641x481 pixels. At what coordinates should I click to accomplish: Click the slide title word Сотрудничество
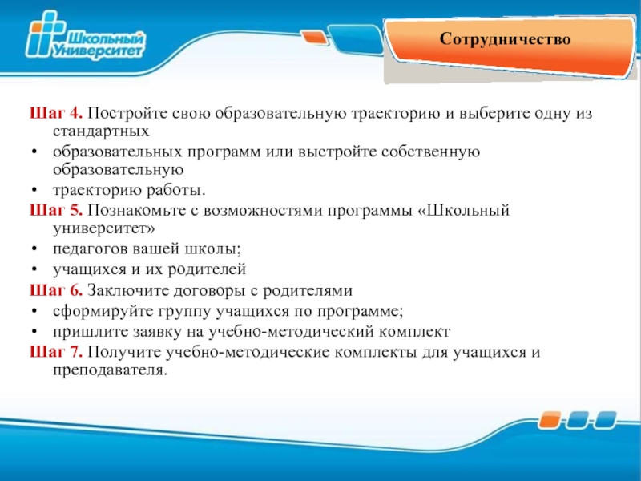tap(505, 39)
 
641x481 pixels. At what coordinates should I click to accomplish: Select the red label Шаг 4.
tap(56, 113)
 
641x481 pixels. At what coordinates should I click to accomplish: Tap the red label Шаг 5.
tap(56, 210)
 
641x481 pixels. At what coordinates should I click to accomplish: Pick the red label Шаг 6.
tap(56, 290)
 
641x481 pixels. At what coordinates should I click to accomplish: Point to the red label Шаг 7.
tap(56, 352)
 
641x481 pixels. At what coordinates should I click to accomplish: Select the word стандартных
tap(101, 131)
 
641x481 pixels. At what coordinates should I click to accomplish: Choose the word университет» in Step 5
tap(104, 228)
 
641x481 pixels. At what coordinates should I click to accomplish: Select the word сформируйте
tap(103, 312)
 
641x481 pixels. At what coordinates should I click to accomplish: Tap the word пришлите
tap(90, 332)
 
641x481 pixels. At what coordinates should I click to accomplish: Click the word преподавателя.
tap(110, 370)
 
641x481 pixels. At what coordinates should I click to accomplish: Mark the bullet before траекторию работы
tap(34, 191)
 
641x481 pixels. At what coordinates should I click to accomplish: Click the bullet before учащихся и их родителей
tap(34, 270)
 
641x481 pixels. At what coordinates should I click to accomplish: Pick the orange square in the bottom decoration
tap(549, 420)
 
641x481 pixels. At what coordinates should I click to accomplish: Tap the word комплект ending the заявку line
tap(414, 332)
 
